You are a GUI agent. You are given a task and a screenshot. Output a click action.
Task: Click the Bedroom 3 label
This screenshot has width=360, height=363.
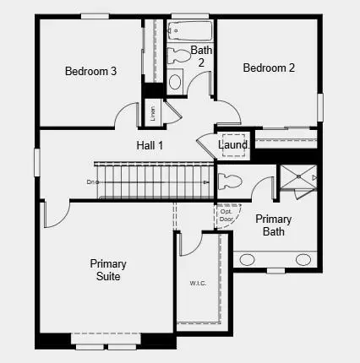[90, 71]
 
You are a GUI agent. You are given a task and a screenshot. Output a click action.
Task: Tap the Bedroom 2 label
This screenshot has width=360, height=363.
[268, 68]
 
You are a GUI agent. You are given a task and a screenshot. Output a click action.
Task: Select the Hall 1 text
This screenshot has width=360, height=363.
[150, 145]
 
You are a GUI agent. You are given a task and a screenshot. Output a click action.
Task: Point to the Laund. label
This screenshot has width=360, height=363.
[234, 145]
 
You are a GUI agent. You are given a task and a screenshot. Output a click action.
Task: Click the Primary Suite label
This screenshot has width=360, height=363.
[108, 270]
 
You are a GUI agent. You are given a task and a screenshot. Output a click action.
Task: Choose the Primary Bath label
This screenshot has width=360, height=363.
[273, 225]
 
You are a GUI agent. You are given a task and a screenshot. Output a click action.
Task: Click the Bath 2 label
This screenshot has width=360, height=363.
[201, 56]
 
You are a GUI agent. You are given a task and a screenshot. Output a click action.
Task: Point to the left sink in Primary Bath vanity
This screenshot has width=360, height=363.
[249, 258]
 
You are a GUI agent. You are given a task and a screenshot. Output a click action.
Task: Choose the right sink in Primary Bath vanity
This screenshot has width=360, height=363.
[302, 258]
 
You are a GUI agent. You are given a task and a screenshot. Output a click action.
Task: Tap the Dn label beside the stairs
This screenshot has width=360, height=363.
[90, 181]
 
